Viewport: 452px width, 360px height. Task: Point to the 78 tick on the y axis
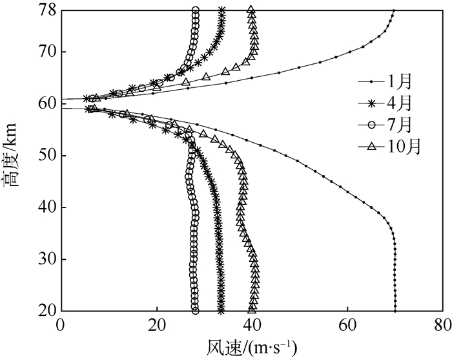coord(46,10)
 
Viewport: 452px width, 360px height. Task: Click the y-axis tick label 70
coord(46,52)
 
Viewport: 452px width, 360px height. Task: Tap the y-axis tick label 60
coord(46,103)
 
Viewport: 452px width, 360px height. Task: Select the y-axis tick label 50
coord(46,156)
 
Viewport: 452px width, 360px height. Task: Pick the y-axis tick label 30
coord(46,259)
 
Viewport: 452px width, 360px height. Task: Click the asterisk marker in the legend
coord(371,103)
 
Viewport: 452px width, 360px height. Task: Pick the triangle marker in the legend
coord(371,147)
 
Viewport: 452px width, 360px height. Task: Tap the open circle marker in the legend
coord(371,125)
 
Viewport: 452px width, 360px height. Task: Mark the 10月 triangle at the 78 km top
coord(251,10)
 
